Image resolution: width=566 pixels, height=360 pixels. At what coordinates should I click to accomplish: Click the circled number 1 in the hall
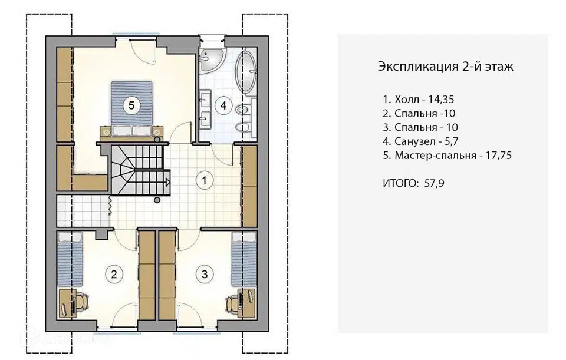(x=205, y=180)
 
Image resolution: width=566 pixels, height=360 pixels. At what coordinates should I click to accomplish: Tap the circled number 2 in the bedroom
(x=114, y=275)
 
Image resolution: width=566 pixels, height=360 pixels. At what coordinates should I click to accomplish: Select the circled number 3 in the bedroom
(x=205, y=275)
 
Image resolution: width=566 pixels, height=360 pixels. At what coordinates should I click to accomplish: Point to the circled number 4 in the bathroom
(x=223, y=105)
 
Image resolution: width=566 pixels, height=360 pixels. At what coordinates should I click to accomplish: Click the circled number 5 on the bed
(x=131, y=105)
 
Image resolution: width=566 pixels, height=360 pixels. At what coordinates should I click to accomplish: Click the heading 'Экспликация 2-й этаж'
(x=446, y=67)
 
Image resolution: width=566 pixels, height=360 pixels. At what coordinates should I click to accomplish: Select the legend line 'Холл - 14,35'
(x=419, y=99)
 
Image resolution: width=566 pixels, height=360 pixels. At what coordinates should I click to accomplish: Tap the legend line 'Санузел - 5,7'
(x=420, y=141)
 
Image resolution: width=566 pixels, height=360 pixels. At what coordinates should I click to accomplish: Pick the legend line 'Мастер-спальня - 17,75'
(x=447, y=156)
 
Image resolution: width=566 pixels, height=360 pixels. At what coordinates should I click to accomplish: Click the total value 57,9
(x=435, y=183)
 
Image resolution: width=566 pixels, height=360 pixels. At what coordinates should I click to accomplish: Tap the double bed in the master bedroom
(x=131, y=110)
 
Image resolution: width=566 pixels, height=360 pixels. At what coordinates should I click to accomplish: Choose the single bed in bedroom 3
(x=243, y=259)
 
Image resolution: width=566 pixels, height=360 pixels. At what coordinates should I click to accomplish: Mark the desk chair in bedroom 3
(x=233, y=302)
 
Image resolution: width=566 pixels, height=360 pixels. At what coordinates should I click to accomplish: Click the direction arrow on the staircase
(x=167, y=182)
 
